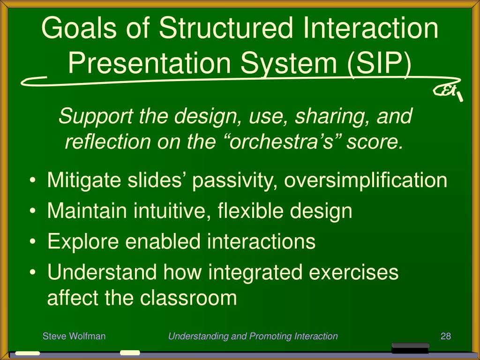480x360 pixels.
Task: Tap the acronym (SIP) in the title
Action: pos(379,63)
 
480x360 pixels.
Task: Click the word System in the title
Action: pos(289,64)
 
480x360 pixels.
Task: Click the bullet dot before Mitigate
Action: pos(33,180)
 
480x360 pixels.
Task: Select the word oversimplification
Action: pos(366,180)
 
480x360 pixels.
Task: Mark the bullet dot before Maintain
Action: pos(33,211)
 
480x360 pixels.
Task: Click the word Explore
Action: pos(83,241)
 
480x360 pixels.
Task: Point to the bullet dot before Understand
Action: pos(33,272)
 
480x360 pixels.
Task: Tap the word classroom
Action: pos(188,298)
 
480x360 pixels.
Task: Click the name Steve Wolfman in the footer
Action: pos(74,336)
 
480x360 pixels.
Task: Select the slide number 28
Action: pos(446,336)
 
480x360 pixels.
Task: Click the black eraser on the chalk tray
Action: pos(410,348)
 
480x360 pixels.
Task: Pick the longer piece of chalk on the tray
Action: pos(28,353)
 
